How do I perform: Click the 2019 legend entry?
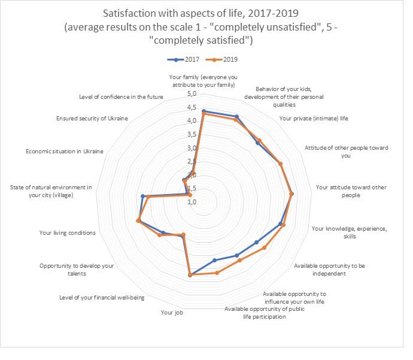220,60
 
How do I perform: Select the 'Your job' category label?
169,312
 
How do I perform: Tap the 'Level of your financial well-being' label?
102,297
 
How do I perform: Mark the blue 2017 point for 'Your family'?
204,111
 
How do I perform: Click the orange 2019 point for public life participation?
217,273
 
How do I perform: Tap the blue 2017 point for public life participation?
214,260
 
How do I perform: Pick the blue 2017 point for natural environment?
142,196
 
